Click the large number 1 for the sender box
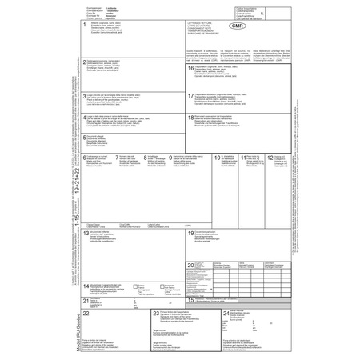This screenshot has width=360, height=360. click(84, 26)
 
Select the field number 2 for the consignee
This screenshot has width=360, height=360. click(85, 61)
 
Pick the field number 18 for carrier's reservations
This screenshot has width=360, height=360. click(190, 116)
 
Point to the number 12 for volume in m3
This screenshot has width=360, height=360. click(270, 158)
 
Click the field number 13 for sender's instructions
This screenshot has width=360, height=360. click(86, 233)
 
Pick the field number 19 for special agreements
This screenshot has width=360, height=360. click(190, 233)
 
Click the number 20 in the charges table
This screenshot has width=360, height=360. click(190, 264)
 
